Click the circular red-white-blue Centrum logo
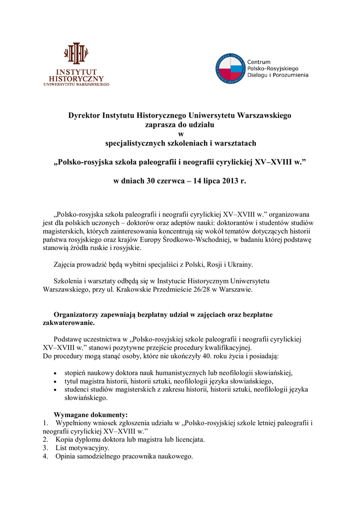231,68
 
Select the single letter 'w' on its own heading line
180,134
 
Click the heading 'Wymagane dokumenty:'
91,415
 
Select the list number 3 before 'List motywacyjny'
45,448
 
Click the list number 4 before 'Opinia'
45,456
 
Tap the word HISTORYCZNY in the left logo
76,78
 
